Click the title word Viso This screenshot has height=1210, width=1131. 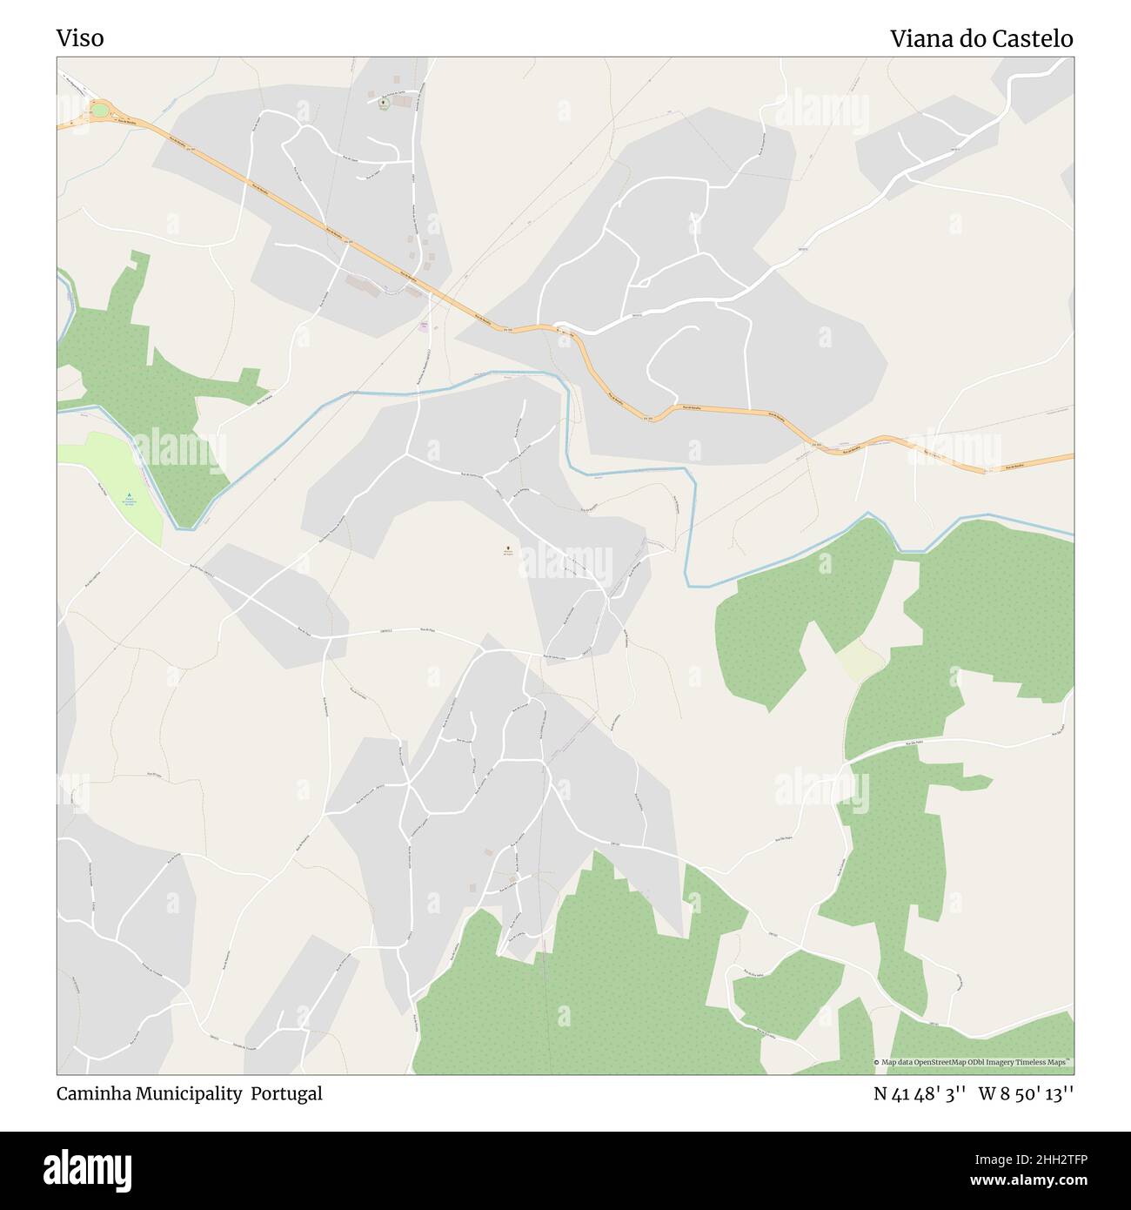point(80,38)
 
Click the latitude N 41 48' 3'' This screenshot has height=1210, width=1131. point(920,1093)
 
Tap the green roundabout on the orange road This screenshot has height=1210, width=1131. point(100,110)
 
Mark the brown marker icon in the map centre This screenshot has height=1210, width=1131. point(507,549)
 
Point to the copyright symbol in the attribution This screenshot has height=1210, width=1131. point(878,1063)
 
